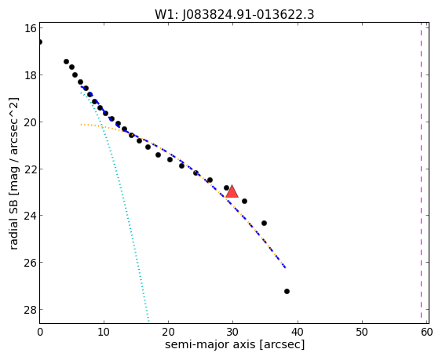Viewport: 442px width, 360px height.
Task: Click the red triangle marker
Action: click(x=232, y=192)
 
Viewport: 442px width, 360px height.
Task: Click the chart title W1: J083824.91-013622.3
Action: click(x=234, y=14)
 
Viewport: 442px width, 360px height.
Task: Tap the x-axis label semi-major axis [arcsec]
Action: click(x=235, y=344)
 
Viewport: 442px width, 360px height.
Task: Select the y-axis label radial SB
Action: click(x=14, y=225)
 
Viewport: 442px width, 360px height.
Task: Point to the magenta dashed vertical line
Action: click(x=421, y=173)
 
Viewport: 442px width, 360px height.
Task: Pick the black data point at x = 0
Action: click(x=40, y=42)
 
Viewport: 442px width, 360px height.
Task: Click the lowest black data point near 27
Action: click(x=287, y=291)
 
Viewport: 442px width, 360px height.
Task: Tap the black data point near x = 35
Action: click(x=264, y=223)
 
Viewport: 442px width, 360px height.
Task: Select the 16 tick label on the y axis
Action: click(x=30, y=28)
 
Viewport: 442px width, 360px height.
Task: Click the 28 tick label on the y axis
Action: click(x=30, y=310)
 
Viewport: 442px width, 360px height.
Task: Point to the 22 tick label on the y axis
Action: click(x=30, y=169)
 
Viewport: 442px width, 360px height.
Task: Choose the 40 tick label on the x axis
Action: click(x=297, y=332)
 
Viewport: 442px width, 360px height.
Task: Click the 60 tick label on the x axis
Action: click(x=427, y=332)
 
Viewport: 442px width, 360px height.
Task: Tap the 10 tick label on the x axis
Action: click(x=104, y=332)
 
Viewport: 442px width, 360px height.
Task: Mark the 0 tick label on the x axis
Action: click(x=40, y=332)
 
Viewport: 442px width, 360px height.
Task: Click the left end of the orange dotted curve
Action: click(x=81, y=124)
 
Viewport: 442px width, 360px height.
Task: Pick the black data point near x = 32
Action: click(x=244, y=201)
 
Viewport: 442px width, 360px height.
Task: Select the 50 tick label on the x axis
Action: click(x=362, y=332)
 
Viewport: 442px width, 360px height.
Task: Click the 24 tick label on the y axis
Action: click(x=30, y=216)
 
